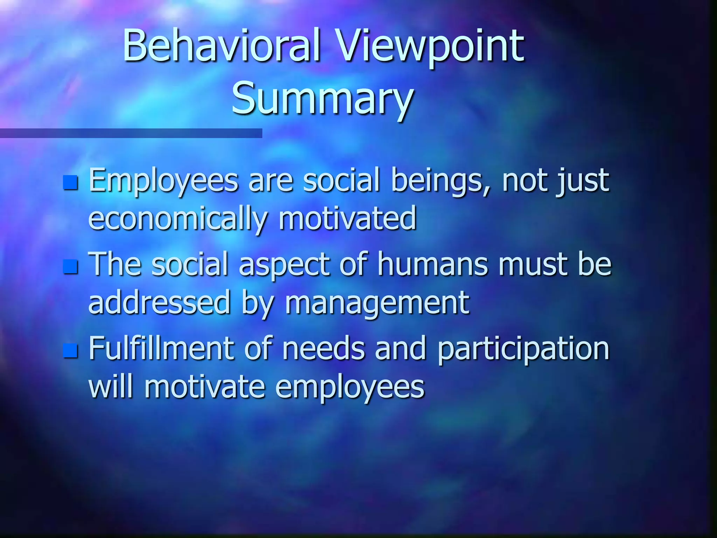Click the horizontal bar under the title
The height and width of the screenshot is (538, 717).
[131, 133]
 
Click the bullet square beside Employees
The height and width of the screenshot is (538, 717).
[70, 182]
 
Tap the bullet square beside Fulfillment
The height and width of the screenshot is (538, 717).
[70, 351]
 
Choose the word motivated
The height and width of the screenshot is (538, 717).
[347, 219]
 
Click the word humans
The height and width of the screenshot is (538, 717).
[432, 264]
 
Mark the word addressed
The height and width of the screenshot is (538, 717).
[159, 303]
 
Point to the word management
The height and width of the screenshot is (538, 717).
[377, 303]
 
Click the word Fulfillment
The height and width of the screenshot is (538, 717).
[161, 348]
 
